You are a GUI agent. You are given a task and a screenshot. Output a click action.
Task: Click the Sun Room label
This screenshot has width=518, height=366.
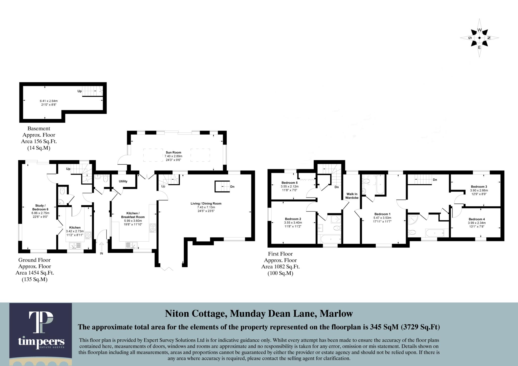click(x=173, y=153)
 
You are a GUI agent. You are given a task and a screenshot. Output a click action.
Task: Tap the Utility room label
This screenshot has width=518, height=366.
click(x=123, y=181)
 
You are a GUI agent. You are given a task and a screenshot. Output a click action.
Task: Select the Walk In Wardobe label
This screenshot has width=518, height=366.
click(x=352, y=196)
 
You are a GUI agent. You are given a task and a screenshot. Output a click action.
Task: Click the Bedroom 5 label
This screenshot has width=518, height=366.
click(x=289, y=183)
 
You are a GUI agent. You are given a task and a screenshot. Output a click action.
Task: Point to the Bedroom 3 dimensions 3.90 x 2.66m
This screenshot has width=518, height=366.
click(x=479, y=190)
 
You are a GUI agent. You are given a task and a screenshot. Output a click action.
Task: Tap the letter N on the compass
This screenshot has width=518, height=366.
click(x=489, y=38)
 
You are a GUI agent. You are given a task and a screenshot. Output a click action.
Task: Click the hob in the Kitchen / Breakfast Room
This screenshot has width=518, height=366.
click(x=153, y=228)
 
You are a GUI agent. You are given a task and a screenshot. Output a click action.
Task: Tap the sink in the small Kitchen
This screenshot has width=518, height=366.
click(x=75, y=245)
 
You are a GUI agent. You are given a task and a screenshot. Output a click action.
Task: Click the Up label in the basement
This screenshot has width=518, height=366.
click(x=79, y=91)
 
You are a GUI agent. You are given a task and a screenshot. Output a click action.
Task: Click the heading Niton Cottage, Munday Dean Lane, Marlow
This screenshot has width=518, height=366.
click(x=259, y=314)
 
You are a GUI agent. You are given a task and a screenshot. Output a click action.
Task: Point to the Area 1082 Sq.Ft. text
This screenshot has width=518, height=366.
click(x=280, y=267)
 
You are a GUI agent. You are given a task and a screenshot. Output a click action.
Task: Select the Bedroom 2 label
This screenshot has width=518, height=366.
click(x=293, y=219)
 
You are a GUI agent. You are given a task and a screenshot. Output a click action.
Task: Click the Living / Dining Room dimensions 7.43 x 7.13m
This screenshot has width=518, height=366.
click(x=206, y=207)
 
